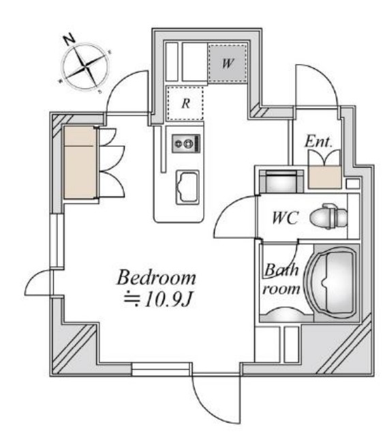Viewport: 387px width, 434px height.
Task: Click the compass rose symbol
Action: [85, 66]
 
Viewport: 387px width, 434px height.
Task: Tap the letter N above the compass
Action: [69, 39]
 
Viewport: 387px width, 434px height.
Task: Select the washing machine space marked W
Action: [227, 63]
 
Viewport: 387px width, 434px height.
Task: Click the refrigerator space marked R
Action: [185, 104]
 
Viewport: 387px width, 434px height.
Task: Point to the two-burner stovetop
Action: [186, 143]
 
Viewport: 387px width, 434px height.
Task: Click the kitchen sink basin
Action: [187, 187]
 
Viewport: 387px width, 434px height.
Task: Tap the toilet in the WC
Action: [328, 216]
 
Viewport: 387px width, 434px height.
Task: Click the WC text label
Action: [285, 218]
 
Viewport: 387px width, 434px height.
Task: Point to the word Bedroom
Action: [157, 278]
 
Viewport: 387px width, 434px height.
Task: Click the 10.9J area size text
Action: [158, 300]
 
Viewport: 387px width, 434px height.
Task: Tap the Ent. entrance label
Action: [318, 141]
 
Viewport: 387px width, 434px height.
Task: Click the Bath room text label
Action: [281, 279]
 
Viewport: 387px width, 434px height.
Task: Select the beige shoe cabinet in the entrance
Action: [324, 177]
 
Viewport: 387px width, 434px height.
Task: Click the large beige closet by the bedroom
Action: [80, 162]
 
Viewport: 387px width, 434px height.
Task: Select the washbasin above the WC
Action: [281, 182]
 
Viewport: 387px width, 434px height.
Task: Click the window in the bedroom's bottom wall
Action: [161, 369]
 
